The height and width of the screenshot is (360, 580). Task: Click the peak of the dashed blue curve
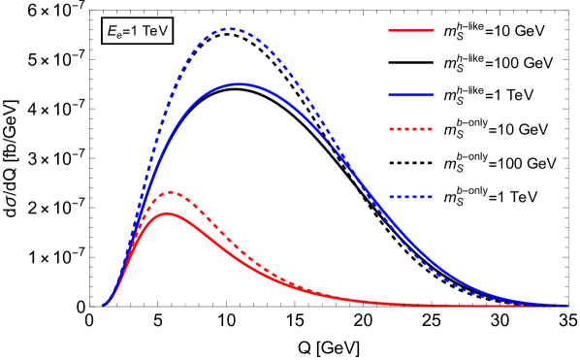pyautogui.click(x=230, y=29)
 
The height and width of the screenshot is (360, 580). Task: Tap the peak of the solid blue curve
pyautogui.click(x=239, y=84)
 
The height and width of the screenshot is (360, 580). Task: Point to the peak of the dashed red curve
pyautogui.click(x=171, y=192)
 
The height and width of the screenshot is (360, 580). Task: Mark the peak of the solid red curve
pyautogui.click(x=167, y=213)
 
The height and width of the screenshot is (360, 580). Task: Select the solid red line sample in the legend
pyautogui.click(x=410, y=30)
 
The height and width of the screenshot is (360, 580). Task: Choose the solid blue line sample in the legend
pyautogui.click(x=410, y=95)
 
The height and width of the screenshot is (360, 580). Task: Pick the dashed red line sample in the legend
pyautogui.click(x=410, y=129)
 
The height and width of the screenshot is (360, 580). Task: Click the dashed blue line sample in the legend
pyautogui.click(x=410, y=197)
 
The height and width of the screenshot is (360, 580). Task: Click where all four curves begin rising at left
pyautogui.click(x=103, y=305)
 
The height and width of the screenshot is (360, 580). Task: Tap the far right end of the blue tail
pyautogui.click(x=566, y=305)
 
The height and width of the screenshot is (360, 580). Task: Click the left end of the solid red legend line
pyautogui.click(x=389, y=30)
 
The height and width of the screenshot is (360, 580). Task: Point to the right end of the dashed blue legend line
pyautogui.click(x=433, y=197)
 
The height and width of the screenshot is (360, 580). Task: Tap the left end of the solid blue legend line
pyautogui.click(x=389, y=95)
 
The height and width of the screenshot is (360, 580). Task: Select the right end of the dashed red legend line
pyautogui.click(x=433, y=129)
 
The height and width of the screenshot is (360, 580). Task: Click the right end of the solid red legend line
pyautogui.click(x=433, y=30)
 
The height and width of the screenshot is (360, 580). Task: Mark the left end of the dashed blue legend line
pyautogui.click(x=389, y=197)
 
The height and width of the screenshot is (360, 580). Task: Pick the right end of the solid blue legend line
pyautogui.click(x=433, y=95)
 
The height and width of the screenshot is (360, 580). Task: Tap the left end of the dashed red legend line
pyautogui.click(x=389, y=129)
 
